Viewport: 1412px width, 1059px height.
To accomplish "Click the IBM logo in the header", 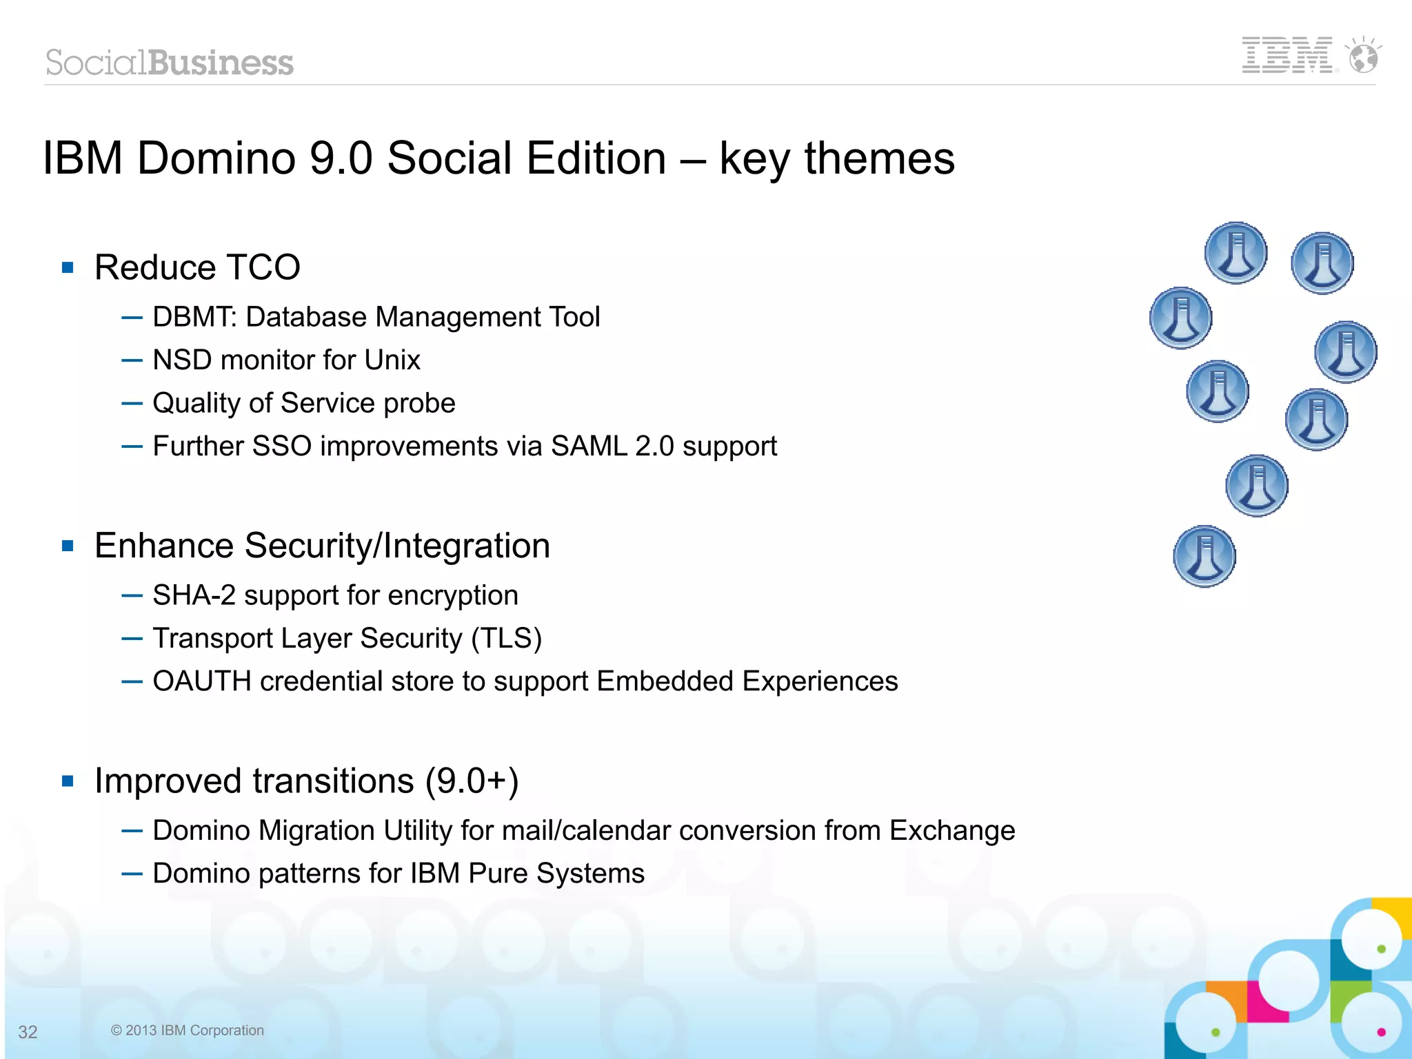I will [x=1287, y=55].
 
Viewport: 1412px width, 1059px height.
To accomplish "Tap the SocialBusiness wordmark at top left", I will [x=170, y=63].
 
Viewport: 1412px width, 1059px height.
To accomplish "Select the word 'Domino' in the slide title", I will [x=216, y=158].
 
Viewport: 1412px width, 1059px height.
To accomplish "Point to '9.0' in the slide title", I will [x=341, y=158].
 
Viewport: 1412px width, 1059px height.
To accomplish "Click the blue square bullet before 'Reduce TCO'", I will [x=68, y=267].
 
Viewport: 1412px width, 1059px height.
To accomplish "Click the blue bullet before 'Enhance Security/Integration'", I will [x=68, y=546].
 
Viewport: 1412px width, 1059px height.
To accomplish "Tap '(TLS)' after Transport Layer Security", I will [x=506, y=638].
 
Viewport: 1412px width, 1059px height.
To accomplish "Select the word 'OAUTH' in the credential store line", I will [x=202, y=681].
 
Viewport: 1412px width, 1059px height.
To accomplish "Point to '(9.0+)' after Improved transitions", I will [x=472, y=781].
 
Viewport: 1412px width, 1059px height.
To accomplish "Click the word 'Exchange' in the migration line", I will [x=951, y=831].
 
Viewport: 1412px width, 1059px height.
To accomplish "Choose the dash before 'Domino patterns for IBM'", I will [x=132, y=874].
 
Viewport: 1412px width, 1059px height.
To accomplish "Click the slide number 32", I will [x=28, y=1031].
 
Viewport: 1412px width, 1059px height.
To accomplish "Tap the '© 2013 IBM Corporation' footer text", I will [x=188, y=1030].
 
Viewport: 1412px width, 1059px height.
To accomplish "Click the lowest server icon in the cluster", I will [x=1204, y=556].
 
